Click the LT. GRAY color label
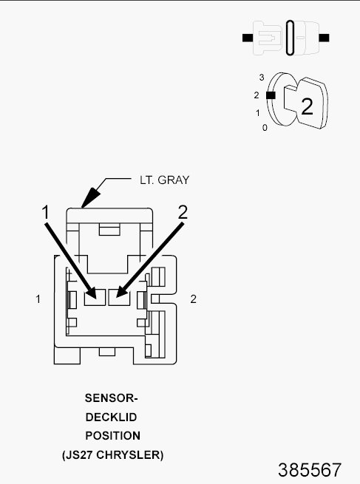point(165,180)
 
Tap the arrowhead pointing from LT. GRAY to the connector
point(90,197)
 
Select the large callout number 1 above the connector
point(45,212)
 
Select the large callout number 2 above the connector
point(183,212)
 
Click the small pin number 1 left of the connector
point(38,299)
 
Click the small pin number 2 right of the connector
point(193,299)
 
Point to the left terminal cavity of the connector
point(95,297)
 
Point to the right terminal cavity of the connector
point(119,297)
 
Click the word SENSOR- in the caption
point(112,398)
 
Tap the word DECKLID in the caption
point(111,417)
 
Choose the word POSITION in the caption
point(112,436)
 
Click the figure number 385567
point(310,470)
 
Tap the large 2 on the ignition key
point(307,107)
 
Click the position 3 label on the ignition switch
point(262,78)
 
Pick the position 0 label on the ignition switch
point(265,128)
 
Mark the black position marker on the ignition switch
point(271,95)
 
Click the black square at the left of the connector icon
point(248,38)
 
